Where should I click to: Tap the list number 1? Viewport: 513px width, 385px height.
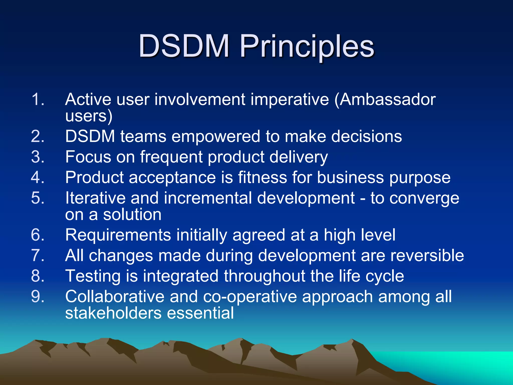click(x=38, y=99)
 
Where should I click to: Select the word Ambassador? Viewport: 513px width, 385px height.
click(x=388, y=99)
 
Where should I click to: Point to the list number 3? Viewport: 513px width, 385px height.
click(x=38, y=157)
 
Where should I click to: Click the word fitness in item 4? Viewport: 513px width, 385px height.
click(x=262, y=177)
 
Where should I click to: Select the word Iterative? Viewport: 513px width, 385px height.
click(x=95, y=198)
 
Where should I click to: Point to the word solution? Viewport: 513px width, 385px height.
click(x=132, y=215)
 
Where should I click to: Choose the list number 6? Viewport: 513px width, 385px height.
click(x=38, y=235)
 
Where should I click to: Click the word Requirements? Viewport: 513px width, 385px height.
click(x=118, y=235)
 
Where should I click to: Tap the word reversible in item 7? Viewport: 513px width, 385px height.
click(x=427, y=256)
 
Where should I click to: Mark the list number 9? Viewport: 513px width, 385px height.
click(x=38, y=297)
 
